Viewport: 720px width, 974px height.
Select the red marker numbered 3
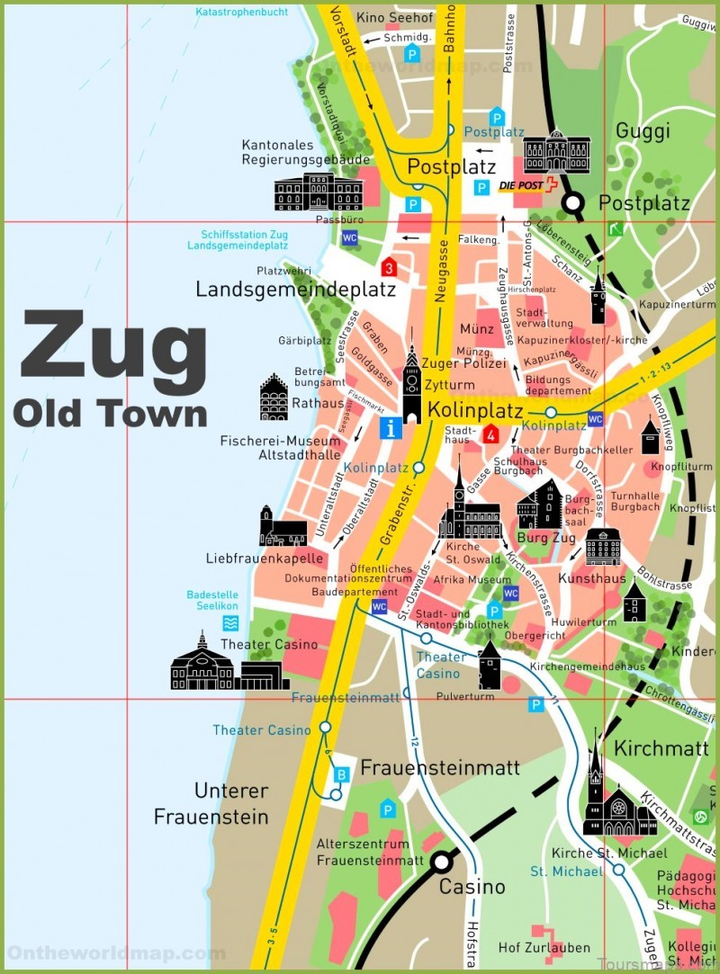[x=389, y=266]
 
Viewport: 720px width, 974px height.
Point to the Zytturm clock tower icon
[x=412, y=384]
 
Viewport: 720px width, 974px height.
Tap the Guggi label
[x=643, y=131]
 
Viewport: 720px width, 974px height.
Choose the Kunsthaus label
[x=591, y=578]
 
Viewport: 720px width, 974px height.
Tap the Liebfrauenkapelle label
[x=264, y=558]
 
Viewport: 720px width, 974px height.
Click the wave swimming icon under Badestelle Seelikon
[x=231, y=622]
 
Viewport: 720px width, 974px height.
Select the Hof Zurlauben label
[x=544, y=947]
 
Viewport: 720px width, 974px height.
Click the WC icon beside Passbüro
[x=349, y=237]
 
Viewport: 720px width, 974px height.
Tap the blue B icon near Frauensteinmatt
[x=342, y=773]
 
